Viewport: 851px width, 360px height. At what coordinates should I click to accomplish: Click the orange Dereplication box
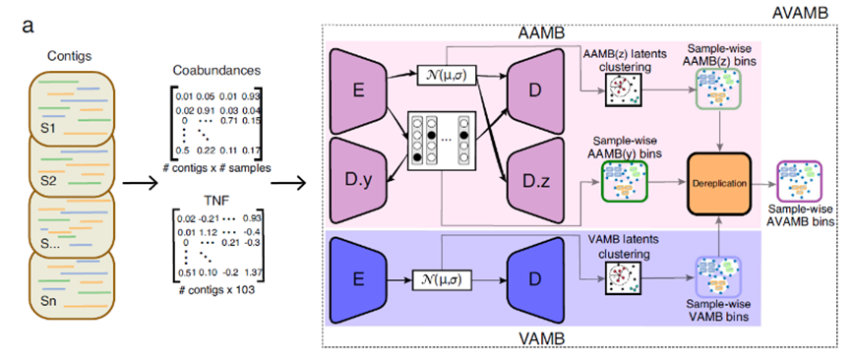coord(719,185)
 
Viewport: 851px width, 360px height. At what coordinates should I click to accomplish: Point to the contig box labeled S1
coord(73,105)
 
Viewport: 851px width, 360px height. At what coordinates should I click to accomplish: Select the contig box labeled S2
coord(73,163)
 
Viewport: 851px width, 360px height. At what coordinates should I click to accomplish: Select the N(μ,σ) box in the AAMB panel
coord(445,76)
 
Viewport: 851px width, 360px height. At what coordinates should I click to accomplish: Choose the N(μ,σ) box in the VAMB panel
coord(440,280)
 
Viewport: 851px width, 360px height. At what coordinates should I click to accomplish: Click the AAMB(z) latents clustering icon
coord(623,89)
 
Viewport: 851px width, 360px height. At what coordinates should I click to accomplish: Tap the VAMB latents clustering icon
coord(623,279)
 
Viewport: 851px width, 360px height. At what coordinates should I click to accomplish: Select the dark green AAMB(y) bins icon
coord(624,182)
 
